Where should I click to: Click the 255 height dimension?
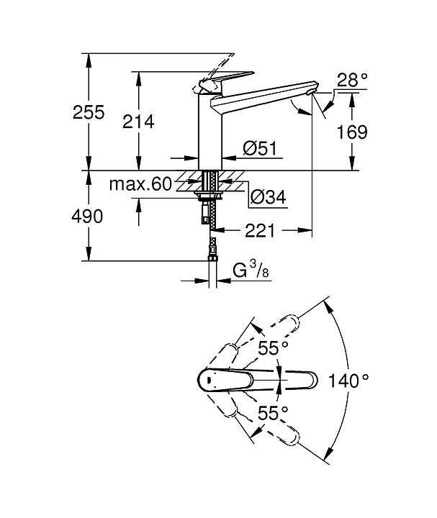point(89,112)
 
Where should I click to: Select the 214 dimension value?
point(138,122)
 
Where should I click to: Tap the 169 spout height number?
point(352,132)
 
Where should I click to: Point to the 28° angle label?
point(352,81)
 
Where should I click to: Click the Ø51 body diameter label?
point(260,148)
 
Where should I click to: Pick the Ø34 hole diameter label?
point(268,197)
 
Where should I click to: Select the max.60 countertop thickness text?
point(140,184)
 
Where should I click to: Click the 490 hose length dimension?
point(87,217)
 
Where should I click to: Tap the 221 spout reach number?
point(260,231)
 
